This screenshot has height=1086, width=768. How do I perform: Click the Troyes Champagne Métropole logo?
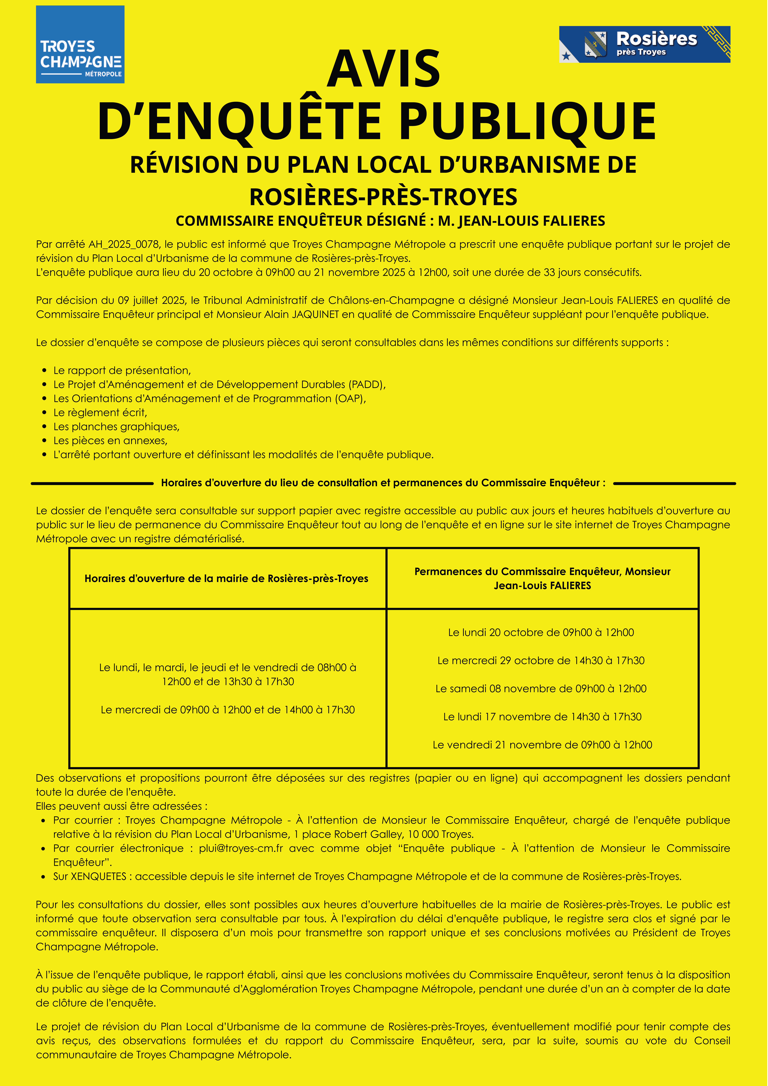tap(80, 44)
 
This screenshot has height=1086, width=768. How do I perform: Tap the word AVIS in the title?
tap(384, 69)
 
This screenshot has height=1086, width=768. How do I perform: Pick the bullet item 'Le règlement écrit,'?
tap(100, 413)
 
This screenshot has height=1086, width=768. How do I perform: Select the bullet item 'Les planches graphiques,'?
tap(116, 427)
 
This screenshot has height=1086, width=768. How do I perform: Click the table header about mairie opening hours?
tap(226, 579)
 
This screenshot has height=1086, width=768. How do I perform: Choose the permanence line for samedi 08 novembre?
tap(541, 689)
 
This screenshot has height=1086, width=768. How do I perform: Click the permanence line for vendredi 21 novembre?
tap(542, 745)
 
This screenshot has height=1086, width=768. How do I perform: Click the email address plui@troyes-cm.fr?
tap(241, 848)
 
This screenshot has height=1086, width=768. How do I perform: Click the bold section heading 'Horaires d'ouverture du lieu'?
tap(383, 483)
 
